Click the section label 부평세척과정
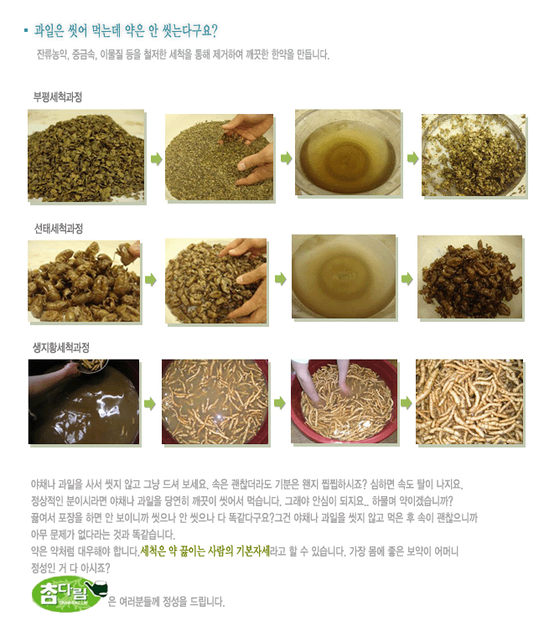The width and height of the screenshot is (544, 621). (58, 97)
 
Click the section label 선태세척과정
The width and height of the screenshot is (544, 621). (58, 229)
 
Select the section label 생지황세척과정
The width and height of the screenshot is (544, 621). (61, 348)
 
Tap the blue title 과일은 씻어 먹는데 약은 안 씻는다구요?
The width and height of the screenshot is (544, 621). (126, 30)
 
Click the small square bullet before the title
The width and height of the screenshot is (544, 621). (26, 30)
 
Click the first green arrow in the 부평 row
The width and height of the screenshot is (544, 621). (157, 159)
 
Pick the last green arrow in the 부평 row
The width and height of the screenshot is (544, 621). (413, 158)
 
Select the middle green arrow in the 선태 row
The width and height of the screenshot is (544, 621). (281, 279)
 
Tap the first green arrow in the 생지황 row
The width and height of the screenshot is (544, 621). (149, 404)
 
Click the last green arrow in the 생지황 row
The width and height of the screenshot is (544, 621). (407, 403)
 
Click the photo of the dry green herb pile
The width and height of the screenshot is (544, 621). (86, 156)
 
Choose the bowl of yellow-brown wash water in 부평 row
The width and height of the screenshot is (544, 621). (348, 153)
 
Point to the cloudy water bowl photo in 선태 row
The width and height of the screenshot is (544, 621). (344, 277)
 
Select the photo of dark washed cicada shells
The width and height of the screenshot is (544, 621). (470, 277)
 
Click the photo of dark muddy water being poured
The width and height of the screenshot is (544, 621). (84, 401)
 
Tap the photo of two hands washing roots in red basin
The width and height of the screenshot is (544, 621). (344, 401)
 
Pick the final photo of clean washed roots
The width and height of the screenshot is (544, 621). (469, 401)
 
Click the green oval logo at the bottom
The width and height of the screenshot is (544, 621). (70, 595)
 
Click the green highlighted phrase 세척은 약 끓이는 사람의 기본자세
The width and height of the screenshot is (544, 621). (205, 551)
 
